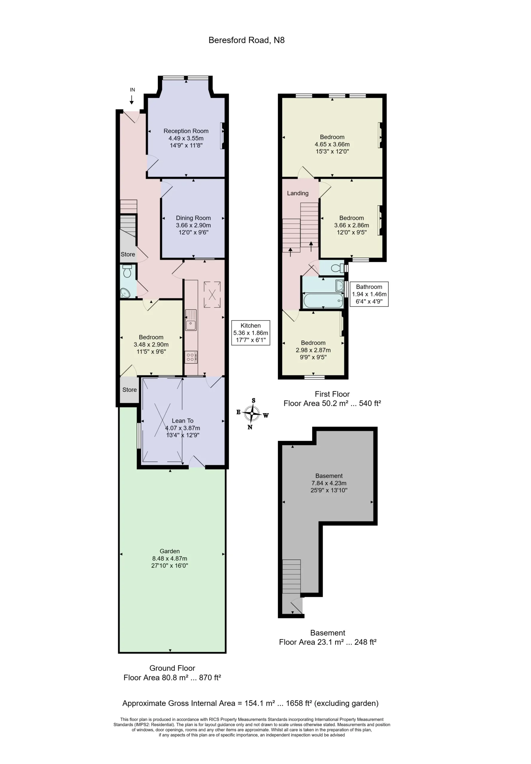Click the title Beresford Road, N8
pos(246,40)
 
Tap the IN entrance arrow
pos(132,100)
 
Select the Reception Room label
pos(186,131)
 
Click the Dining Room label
pos(193,218)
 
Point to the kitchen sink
pos(191,320)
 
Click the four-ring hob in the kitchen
pos(191,357)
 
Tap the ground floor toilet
pos(127,271)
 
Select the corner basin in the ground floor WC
pos(125,293)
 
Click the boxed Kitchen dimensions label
pos(250,333)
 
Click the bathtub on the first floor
pos(323,301)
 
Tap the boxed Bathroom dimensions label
pos(369,294)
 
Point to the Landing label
pos(298,193)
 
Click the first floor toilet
pos(337,268)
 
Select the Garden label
pos(170,551)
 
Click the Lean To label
pos(183,421)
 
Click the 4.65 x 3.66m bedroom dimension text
pos(332,144)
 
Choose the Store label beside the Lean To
pos(129,390)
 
